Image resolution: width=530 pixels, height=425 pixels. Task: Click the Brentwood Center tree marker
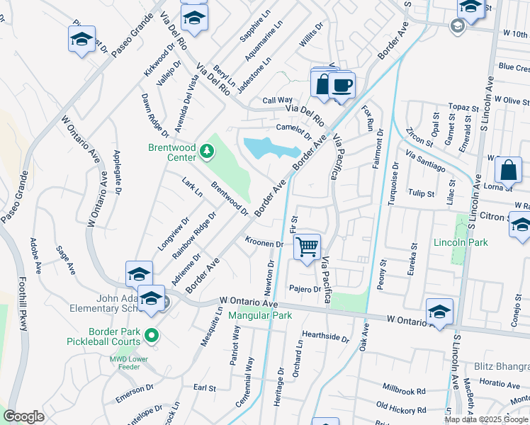(206, 150)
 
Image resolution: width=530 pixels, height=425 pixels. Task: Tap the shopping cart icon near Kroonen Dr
(307, 248)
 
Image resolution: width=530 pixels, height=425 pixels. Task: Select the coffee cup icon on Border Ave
(342, 86)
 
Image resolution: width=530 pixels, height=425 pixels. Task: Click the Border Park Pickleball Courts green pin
(151, 334)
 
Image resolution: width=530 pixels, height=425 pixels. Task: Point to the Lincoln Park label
(461, 242)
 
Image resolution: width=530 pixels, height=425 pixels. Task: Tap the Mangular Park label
(260, 315)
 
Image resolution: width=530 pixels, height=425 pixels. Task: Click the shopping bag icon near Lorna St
(509, 171)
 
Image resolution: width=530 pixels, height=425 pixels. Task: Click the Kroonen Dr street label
(264, 243)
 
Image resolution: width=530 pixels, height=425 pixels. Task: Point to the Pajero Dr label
(305, 289)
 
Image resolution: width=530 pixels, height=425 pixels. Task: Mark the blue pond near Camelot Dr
(269, 149)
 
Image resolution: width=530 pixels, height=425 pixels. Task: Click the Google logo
(24, 416)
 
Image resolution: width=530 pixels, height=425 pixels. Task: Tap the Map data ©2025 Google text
(486, 419)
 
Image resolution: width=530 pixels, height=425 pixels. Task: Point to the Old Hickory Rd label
(401, 408)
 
